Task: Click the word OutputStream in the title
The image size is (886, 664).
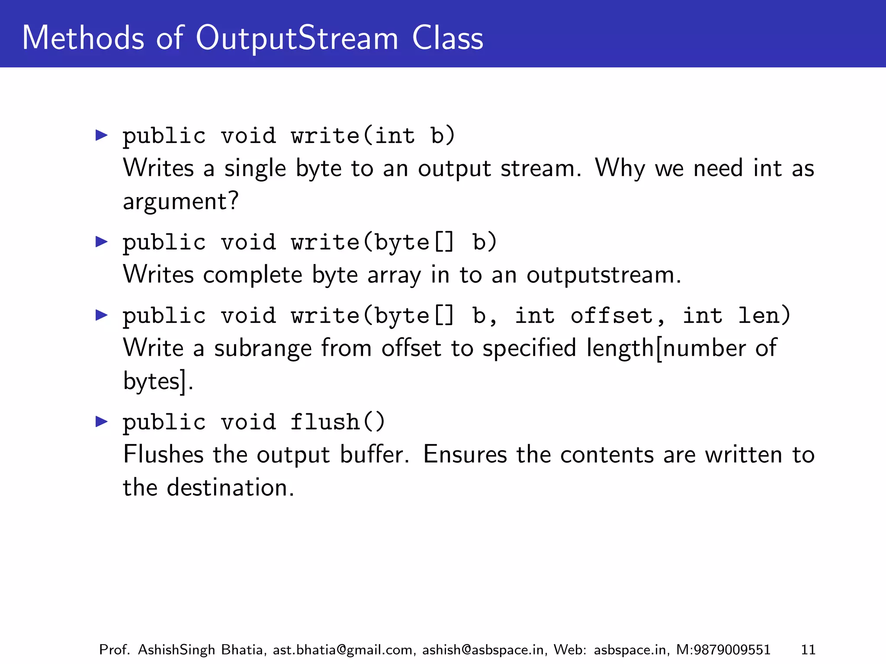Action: [x=297, y=38]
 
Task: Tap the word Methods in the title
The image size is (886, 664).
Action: [x=83, y=38]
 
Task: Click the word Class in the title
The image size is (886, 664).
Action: [x=447, y=38]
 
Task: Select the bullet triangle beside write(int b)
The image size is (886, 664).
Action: [x=101, y=135]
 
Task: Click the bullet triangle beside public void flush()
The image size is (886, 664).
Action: [x=101, y=421]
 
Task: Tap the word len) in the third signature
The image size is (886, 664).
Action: [x=764, y=315]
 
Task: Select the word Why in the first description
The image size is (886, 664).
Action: [x=620, y=168]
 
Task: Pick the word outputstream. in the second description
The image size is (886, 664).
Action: [x=604, y=275]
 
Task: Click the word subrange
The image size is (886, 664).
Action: [x=263, y=348]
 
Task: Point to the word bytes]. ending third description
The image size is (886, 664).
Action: [x=158, y=381]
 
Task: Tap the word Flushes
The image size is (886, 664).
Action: [x=163, y=455]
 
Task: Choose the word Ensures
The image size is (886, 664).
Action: [x=465, y=455]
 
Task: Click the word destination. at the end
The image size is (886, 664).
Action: [x=230, y=488]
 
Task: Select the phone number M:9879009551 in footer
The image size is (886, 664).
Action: [x=723, y=650]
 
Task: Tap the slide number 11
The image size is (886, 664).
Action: [x=808, y=650]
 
